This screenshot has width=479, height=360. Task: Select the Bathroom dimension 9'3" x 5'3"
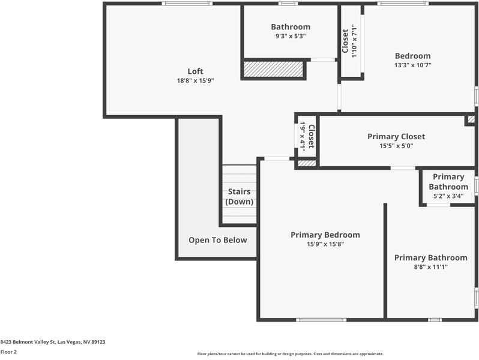pyautogui.click(x=291, y=36)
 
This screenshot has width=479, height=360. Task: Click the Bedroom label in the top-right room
pyautogui.click(x=412, y=56)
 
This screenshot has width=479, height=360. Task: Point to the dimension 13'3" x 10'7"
pyautogui.click(x=412, y=65)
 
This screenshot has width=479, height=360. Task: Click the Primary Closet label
pyautogui.click(x=396, y=136)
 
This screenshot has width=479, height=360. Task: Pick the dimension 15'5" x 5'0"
pyautogui.click(x=396, y=146)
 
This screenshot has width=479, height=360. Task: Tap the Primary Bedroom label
pyautogui.click(x=325, y=235)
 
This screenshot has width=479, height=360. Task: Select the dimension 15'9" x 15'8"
pyautogui.click(x=325, y=244)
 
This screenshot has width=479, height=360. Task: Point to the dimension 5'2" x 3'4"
pyautogui.click(x=448, y=196)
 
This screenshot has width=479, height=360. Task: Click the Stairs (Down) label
pyautogui.click(x=239, y=197)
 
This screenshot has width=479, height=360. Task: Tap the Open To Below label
pyautogui.click(x=217, y=240)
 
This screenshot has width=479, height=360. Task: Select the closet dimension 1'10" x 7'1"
pyautogui.click(x=355, y=41)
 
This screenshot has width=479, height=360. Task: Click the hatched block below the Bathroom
pyautogui.click(x=273, y=69)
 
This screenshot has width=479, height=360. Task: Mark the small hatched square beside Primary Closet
pyautogui.click(x=470, y=120)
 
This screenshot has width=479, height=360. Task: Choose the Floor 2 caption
pyautogui.click(x=8, y=352)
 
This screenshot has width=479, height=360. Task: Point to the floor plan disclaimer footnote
pyautogui.click(x=290, y=354)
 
